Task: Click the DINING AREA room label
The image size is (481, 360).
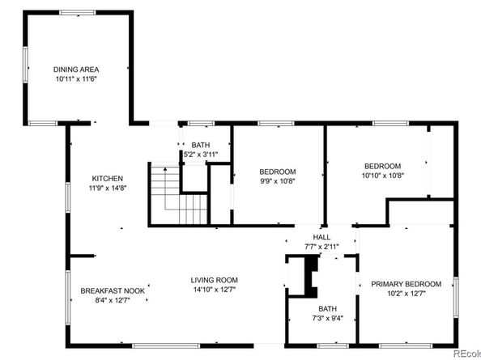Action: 77,70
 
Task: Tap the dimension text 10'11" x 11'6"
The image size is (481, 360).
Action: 77,80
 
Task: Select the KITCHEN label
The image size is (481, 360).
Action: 107,179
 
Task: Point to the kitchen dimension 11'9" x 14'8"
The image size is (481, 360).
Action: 107,188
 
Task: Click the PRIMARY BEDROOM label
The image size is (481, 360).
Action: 406,284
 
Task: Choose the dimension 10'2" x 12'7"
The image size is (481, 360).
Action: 406,294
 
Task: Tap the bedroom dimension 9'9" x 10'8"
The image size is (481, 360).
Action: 277,181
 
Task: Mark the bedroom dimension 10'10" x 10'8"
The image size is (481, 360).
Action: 381,175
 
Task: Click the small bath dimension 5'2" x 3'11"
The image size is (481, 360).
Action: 200,155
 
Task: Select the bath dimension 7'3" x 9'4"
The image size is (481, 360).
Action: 327,318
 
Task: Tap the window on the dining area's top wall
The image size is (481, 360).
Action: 76,12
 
